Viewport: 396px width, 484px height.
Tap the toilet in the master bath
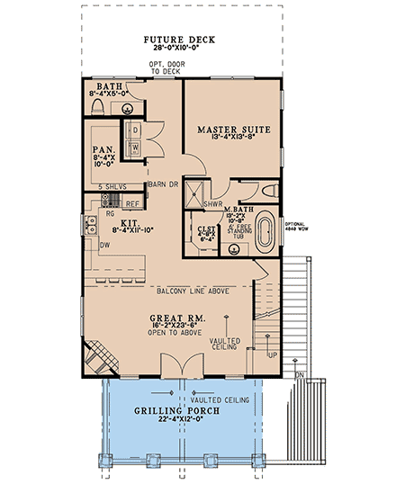pos(270,192)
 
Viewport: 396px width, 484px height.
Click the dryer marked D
pos(134,130)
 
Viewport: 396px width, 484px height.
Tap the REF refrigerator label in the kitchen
pos(130,204)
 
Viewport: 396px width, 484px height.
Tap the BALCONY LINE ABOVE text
pos(184,290)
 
